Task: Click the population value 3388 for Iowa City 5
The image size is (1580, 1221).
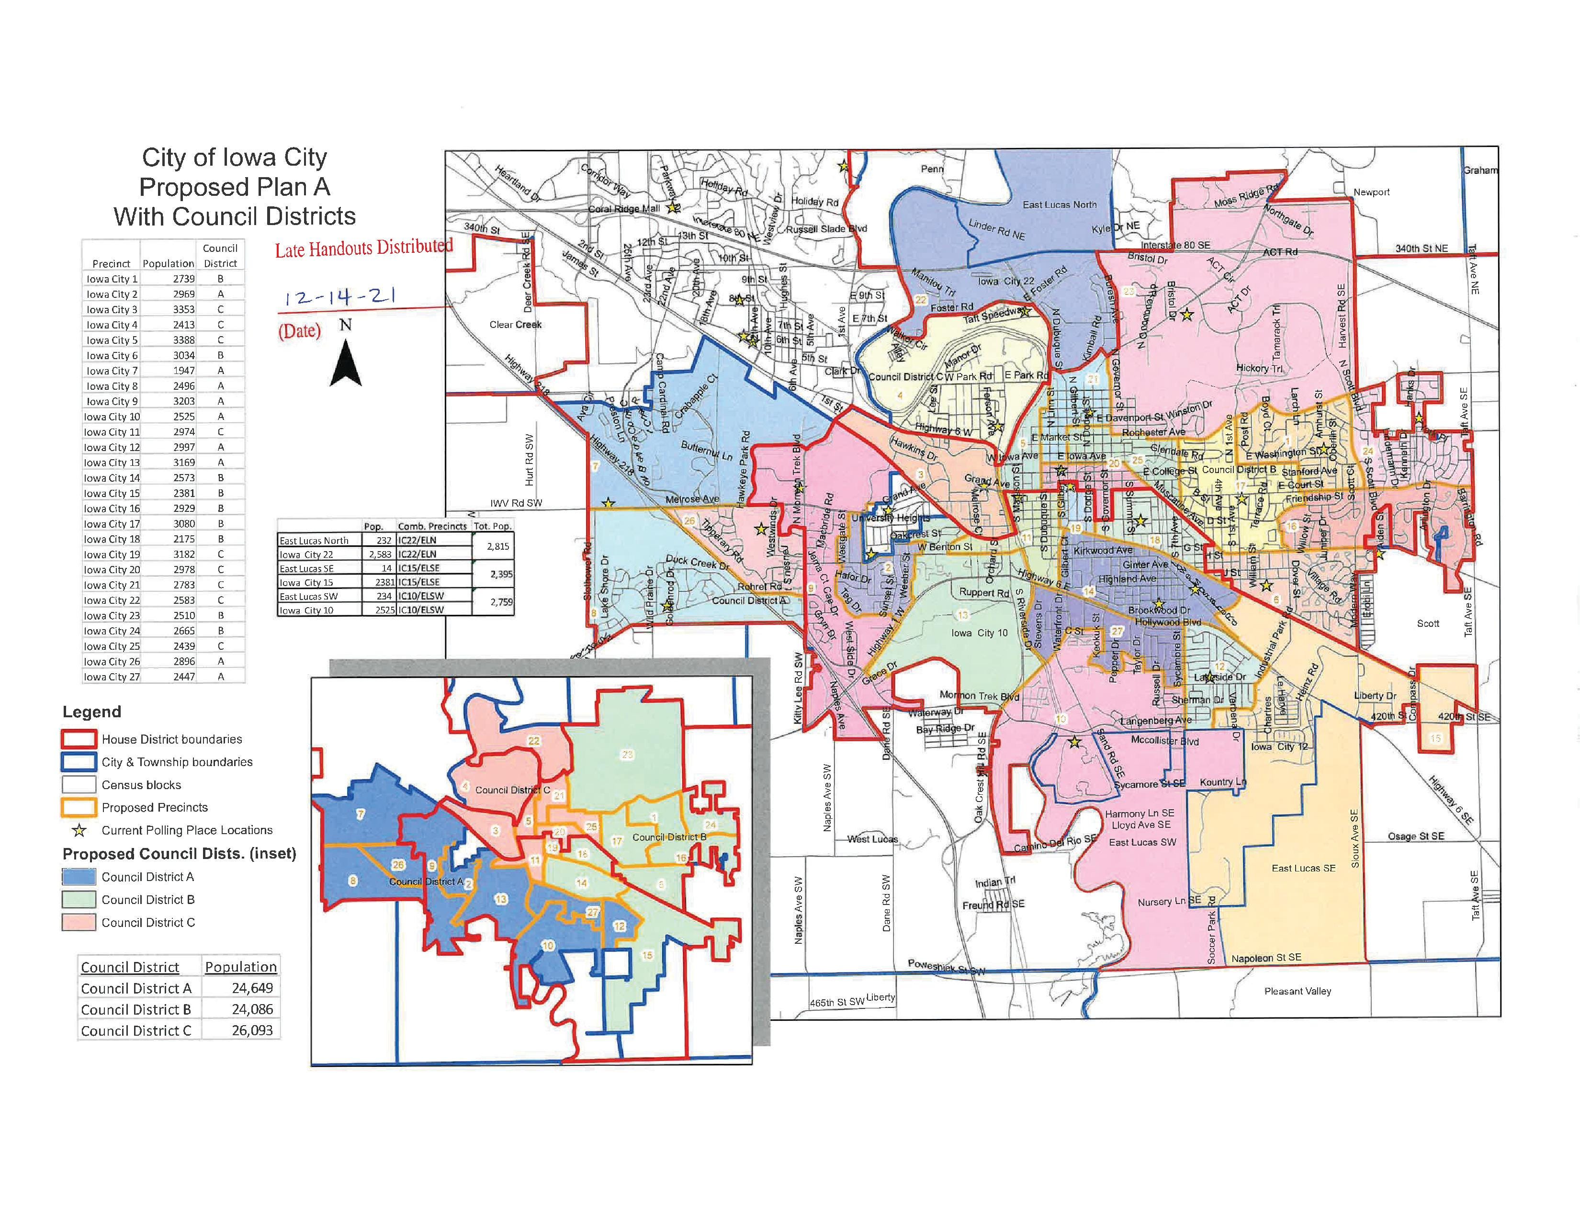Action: (x=184, y=340)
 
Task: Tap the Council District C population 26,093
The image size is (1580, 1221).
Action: (x=252, y=1030)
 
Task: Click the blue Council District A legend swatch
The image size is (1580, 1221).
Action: (x=79, y=877)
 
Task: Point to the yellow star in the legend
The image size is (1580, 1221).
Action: (x=79, y=830)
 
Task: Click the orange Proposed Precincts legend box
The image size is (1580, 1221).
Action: (x=79, y=807)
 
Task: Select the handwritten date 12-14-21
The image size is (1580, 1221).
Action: (x=339, y=298)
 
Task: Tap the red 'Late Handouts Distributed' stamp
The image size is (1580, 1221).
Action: (x=363, y=248)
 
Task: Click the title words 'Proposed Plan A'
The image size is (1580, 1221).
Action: (x=235, y=187)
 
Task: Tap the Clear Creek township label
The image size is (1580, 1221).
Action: (x=515, y=325)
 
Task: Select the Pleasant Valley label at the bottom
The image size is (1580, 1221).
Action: (x=1297, y=991)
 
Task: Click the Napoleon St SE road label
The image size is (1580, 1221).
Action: (x=1266, y=958)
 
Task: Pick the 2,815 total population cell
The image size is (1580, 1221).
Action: (x=498, y=546)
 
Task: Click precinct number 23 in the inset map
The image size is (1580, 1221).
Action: (x=627, y=755)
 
